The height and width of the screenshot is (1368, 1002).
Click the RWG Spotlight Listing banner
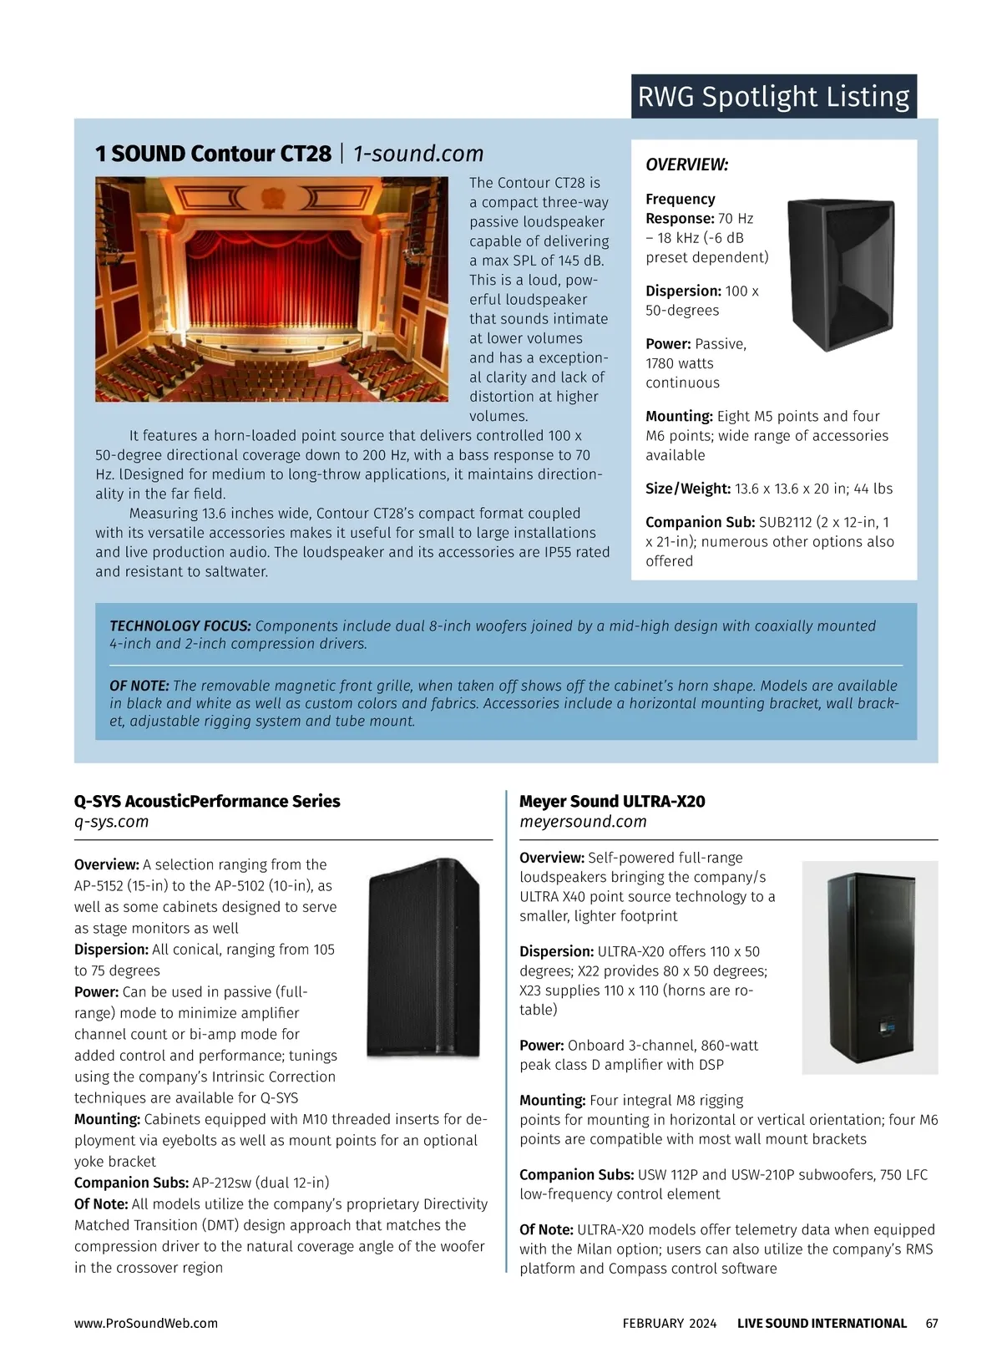tap(773, 97)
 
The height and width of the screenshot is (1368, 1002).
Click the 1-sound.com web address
tap(418, 154)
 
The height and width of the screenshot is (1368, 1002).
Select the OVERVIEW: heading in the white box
tap(686, 165)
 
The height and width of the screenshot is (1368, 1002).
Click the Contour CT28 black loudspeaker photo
tap(842, 274)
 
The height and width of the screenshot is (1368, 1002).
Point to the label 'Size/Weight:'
tap(688, 489)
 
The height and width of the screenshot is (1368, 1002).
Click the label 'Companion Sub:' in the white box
tap(700, 522)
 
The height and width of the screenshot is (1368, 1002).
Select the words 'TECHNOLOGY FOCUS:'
tap(180, 626)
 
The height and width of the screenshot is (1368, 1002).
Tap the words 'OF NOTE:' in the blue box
tap(139, 686)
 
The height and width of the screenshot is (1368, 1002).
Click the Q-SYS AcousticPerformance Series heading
tap(207, 801)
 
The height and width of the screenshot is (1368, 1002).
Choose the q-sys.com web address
tap(111, 822)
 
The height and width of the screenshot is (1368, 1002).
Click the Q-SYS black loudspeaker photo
tap(424, 958)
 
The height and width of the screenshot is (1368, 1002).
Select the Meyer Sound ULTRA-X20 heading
tap(612, 801)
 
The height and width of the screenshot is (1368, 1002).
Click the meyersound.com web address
tap(583, 822)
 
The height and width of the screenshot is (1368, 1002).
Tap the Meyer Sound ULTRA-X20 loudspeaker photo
tap(869, 966)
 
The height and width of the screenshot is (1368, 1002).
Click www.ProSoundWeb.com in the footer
tap(146, 1323)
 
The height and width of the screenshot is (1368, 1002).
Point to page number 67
tap(932, 1323)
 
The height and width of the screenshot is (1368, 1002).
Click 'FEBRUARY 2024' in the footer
tap(669, 1323)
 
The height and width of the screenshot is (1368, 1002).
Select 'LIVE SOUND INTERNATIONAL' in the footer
tap(822, 1323)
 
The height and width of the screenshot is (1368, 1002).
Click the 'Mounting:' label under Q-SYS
tap(107, 1119)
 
